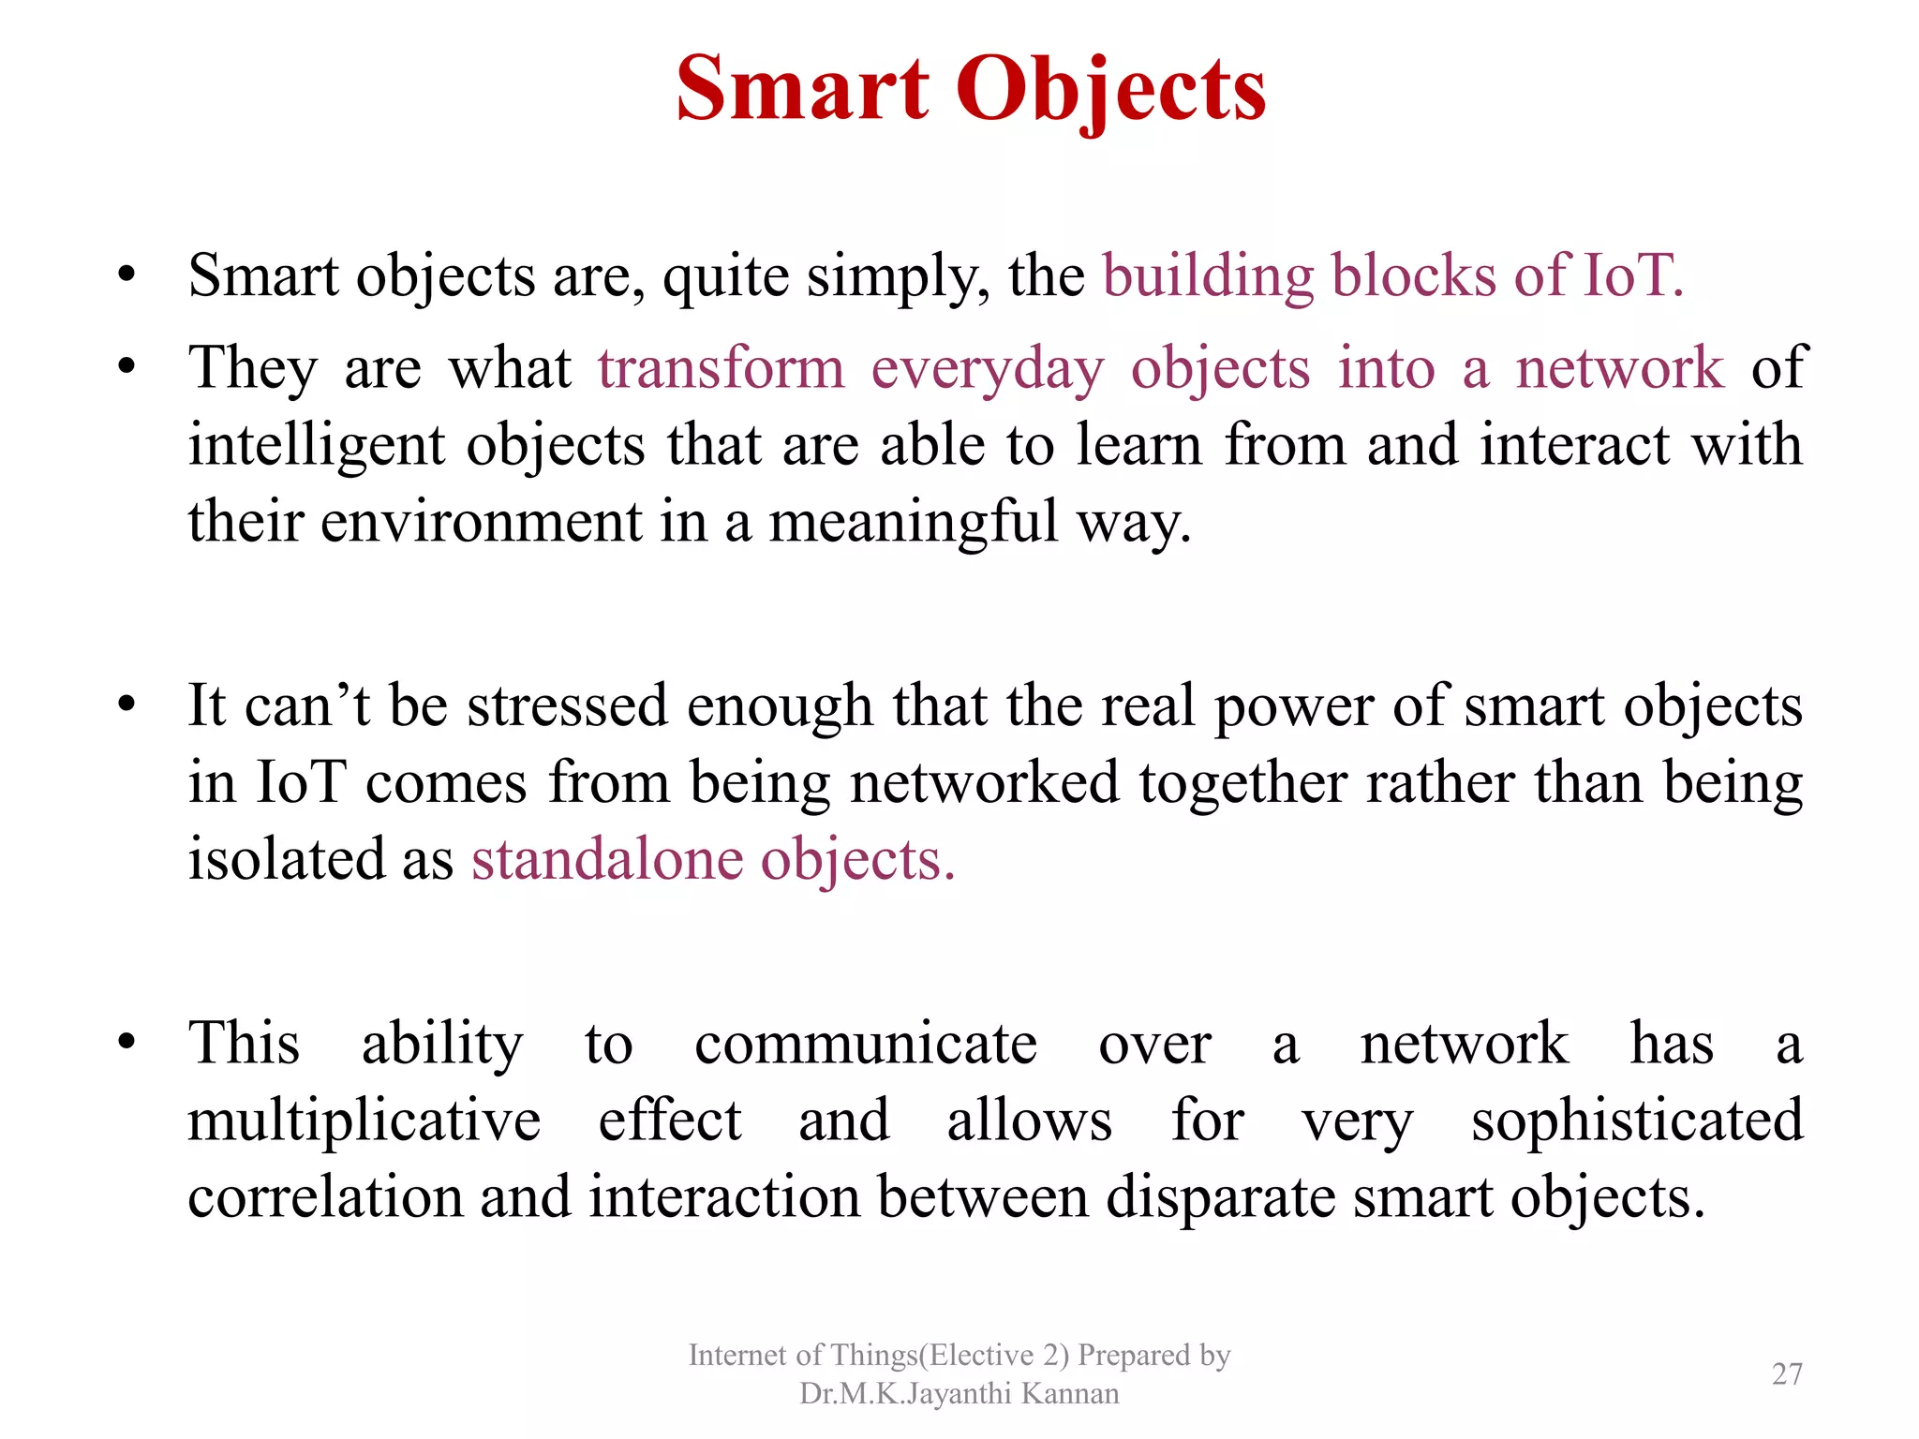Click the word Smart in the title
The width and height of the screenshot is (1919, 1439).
(802, 89)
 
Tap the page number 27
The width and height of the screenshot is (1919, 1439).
(1787, 1373)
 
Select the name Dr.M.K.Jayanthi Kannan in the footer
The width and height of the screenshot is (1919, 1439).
(959, 1394)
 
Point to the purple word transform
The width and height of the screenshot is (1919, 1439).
(721, 367)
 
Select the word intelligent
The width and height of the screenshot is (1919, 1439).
(316, 446)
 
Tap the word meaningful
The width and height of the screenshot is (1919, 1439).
(913, 523)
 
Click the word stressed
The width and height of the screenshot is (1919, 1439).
(567, 705)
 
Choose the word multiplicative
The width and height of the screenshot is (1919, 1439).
(364, 1121)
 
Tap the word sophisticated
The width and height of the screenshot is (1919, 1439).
(1636, 1121)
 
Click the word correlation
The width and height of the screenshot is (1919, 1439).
(325, 1197)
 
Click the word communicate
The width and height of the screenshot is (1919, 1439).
(865, 1044)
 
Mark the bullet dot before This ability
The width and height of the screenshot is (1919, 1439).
(127, 1042)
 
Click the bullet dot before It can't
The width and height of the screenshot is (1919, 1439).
(127, 705)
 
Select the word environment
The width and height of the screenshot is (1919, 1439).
(481, 523)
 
